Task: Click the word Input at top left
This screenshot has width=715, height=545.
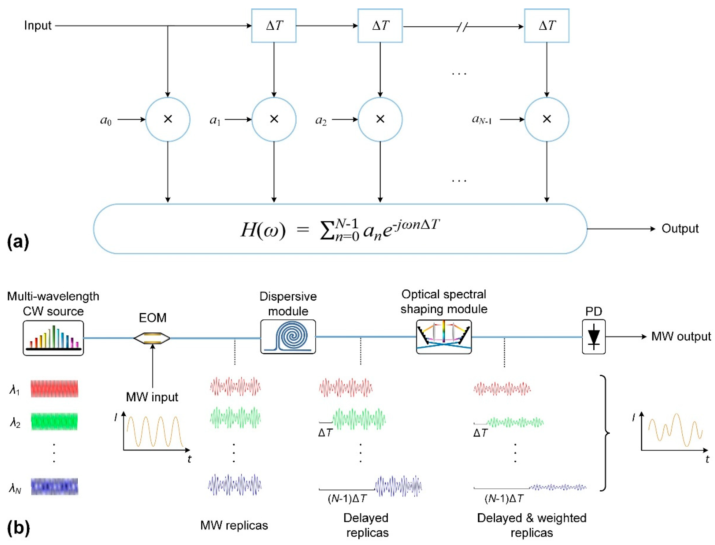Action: (38, 25)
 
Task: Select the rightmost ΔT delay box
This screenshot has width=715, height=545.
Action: (547, 26)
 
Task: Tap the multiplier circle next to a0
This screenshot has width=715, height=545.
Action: (168, 119)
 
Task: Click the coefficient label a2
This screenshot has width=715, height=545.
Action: (321, 120)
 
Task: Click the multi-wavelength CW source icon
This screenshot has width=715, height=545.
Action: (53, 338)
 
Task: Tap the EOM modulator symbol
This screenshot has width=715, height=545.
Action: (152, 338)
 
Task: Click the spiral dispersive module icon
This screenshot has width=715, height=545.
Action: (288, 337)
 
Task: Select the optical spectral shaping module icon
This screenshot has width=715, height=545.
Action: (444, 337)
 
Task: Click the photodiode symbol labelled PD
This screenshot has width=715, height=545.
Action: (594, 337)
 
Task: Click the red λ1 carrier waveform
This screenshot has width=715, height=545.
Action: (54, 389)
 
